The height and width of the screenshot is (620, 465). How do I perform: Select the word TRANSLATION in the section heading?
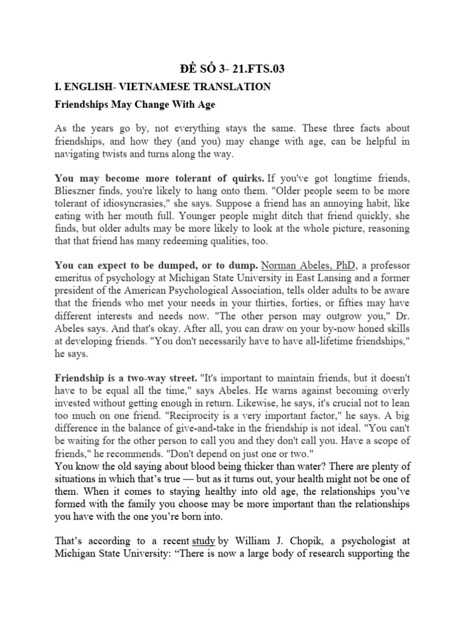tap(229, 87)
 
